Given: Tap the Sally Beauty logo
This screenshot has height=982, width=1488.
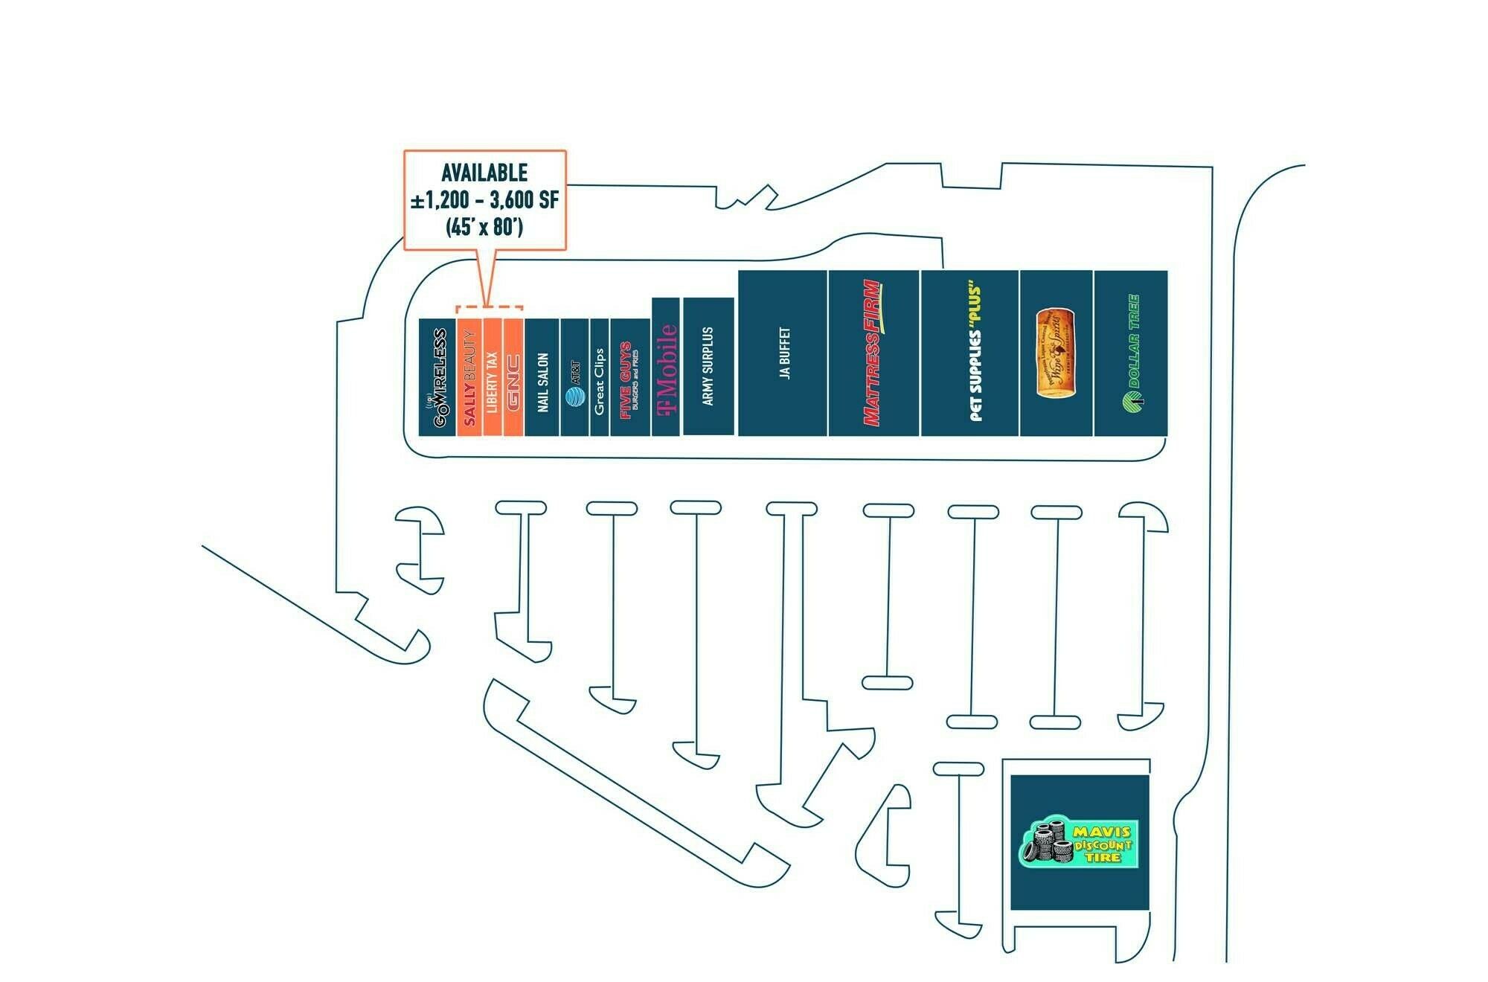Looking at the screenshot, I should pos(469,378).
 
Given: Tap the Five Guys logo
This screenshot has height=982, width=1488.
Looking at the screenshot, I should pos(629,380).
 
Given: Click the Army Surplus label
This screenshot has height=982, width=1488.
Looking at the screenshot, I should pos(708,366).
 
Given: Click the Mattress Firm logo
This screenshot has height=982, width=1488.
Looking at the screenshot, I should pos(873,353).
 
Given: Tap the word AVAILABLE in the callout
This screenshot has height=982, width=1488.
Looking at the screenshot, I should pos(484,173).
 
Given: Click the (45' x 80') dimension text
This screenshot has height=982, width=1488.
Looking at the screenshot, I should pos(484,227).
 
